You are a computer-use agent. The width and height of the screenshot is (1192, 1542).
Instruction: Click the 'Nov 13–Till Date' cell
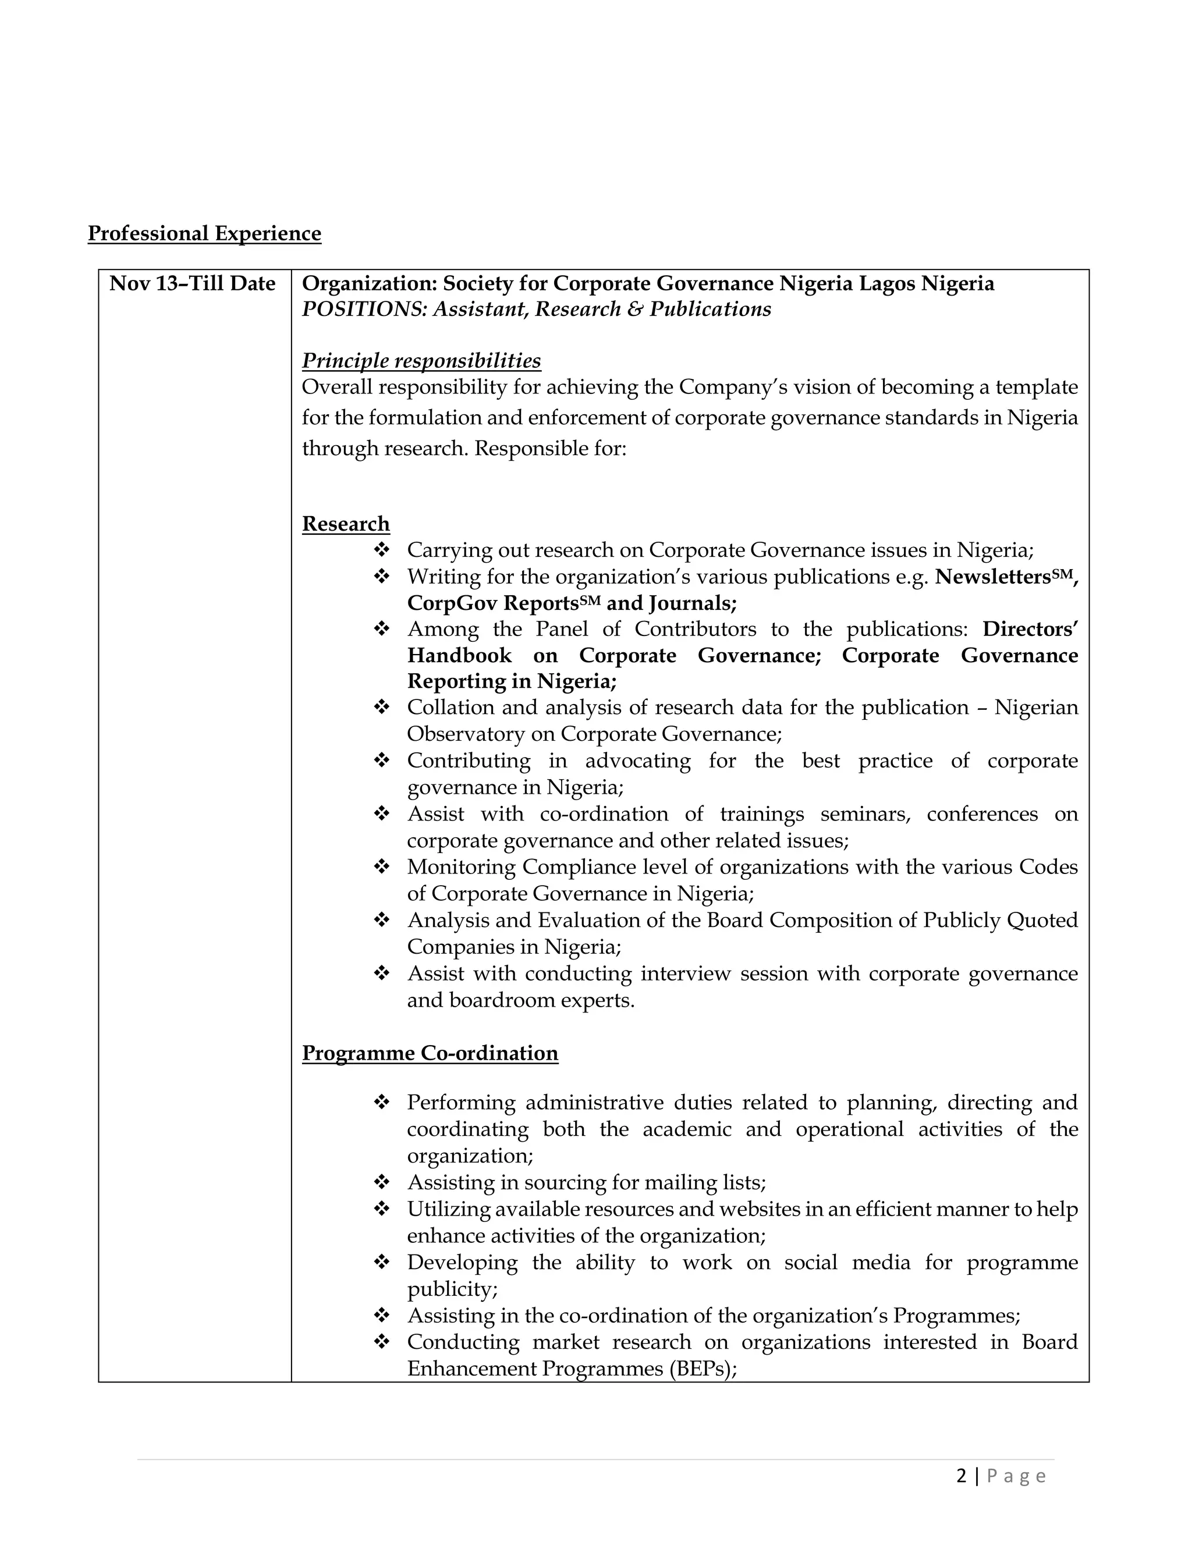pyautogui.click(x=192, y=283)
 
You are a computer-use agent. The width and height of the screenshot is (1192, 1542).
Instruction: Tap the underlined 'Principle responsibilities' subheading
pyautogui.click(x=421, y=361)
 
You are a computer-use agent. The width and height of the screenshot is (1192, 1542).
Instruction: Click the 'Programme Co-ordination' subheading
pyautogui.click(x=430, y=1053)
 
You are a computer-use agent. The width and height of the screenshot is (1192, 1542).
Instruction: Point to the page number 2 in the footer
pyautogui.click(x=961, y=1476)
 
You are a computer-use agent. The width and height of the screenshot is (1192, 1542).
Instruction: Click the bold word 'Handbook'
pyautogui.click(x=459, y=655)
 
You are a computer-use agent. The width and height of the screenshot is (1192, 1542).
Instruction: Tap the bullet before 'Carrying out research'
pyautogui.click(x=381, y=549)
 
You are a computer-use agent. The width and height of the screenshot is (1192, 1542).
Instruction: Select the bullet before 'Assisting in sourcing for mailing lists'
pyautogui.click(x=381, y=1182)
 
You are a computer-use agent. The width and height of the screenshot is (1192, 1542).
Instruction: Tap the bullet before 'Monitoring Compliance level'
pyautogui.click(x=381, y=866)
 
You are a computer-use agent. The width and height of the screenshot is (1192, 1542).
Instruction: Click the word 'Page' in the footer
pyautogui.click(x=1016, y=1476)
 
